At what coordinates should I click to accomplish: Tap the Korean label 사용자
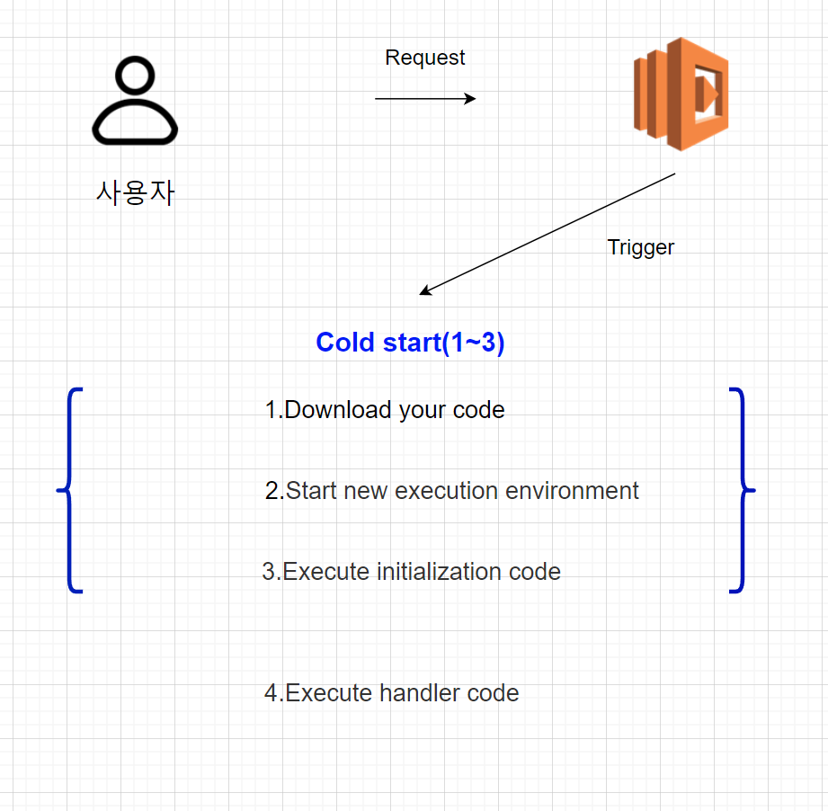135,192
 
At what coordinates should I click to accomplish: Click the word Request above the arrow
424,58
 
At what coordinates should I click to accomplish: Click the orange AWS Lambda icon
681,94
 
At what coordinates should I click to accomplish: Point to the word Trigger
640,247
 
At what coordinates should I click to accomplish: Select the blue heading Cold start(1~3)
410,343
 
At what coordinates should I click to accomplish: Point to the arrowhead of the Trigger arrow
424,292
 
